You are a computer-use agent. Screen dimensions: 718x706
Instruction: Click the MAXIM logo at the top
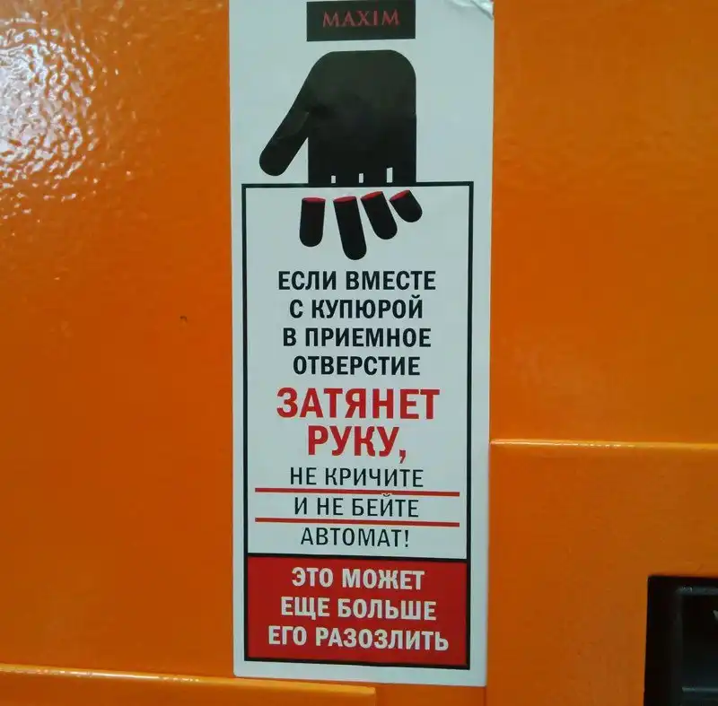361,19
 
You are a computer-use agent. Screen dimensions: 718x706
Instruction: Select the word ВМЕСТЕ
390,281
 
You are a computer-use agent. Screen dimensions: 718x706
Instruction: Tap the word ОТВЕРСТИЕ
356,366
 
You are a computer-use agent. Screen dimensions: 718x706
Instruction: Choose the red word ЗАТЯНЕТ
358,405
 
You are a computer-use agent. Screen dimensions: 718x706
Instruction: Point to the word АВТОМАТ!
355,537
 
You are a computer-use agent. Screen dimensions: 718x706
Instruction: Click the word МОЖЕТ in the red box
383,580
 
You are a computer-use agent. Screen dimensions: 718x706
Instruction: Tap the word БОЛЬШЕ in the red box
387,609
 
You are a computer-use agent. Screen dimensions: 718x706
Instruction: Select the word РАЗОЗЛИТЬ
383,638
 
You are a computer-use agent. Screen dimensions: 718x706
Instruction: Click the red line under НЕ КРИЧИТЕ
357,492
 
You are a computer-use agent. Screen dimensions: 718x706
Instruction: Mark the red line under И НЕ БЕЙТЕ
357,522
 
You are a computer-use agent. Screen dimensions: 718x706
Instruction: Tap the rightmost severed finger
406,206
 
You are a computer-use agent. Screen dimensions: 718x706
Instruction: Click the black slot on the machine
682,641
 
